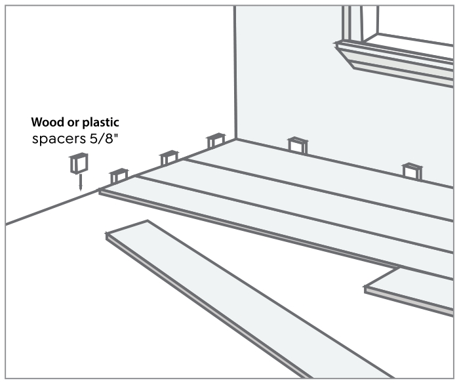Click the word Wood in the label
45,123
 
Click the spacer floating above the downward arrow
79,163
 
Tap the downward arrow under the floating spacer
79,182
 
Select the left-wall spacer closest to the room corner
216,141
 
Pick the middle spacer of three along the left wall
169,158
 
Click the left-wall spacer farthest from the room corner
119,176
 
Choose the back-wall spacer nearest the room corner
298,145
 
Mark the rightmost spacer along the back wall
412,171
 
